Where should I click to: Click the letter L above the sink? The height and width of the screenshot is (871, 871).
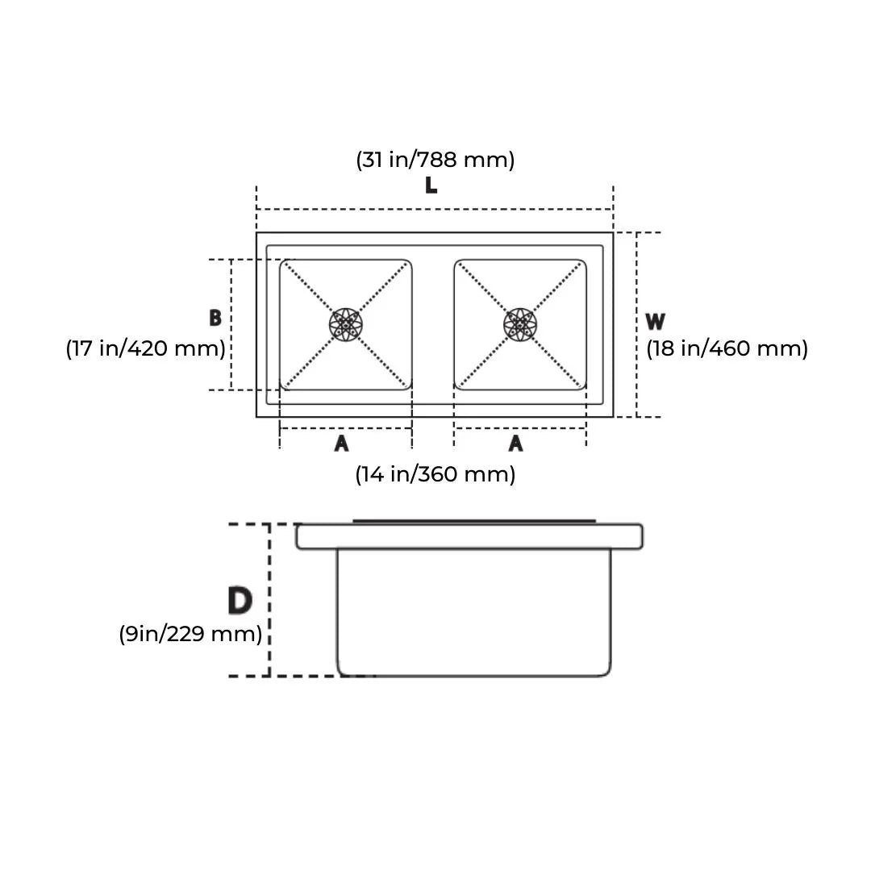(431, 185)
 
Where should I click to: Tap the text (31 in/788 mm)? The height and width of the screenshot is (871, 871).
(435, 160)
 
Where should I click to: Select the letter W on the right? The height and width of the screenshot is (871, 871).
(655, 322)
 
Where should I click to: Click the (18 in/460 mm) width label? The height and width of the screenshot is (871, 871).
(727, 348)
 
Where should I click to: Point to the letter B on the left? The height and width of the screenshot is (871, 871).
(215, 319)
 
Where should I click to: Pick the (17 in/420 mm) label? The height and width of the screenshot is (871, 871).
(145, 348)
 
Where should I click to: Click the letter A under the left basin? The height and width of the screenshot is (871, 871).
(341, 444)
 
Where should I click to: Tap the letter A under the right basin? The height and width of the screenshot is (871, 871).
(516, 444)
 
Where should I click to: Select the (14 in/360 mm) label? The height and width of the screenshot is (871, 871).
(435, 474)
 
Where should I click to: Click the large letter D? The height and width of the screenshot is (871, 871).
(240, 601)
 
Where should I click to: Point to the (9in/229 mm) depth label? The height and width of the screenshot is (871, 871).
(190, 634)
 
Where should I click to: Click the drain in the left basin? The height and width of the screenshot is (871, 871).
(346, 324)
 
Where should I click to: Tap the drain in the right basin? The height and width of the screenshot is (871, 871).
(520, 324)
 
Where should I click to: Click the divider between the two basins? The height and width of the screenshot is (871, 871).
(433, 324)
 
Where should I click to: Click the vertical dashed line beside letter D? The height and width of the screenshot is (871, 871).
(269, 601)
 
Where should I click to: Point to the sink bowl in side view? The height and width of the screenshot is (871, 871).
(473, 613)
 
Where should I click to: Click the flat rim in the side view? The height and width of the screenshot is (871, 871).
(469, 536)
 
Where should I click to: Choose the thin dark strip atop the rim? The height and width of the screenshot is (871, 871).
(473, 521)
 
